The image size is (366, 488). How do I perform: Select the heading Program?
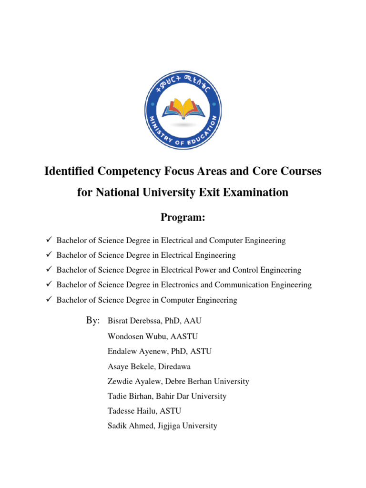tap(183, 218)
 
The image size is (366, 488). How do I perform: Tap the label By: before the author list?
tap(93, 321)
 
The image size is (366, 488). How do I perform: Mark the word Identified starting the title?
tap(70, 171)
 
